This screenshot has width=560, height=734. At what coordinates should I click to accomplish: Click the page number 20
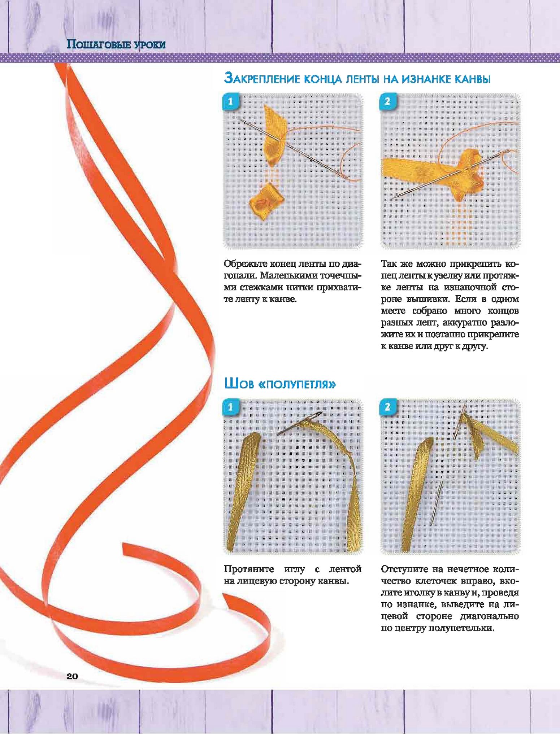point(72,676)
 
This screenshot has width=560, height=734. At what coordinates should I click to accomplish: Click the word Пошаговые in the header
point(99,44)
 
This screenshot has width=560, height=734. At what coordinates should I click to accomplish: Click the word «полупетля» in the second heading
point(298,384)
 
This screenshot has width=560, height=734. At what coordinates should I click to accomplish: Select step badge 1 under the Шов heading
point(230,407)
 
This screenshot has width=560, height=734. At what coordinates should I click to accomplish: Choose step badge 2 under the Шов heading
point(387,407)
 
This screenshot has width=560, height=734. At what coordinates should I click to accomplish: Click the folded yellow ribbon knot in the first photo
point(266,204)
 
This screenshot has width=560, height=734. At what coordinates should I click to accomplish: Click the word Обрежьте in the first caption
point(246,264)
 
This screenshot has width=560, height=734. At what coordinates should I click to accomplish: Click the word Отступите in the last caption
point(404,569)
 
